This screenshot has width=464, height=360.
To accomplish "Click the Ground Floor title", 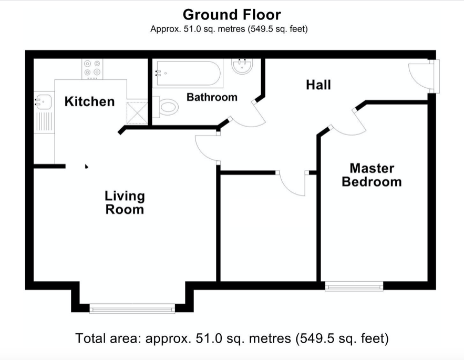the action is pyautogui.click(x=232, y=15).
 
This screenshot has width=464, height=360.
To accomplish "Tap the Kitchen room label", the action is pyautogui.click(x=89, y=101).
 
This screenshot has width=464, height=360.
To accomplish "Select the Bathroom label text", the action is pyautogui.click(x=212, y=97).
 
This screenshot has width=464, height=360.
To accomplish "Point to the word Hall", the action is pyautogui.click(x=318, y=85).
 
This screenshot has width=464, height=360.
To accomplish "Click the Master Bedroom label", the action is pyautogui.click(x=372, y=175).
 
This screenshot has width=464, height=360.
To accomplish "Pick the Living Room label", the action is pyautogui.click(x=125, y=203).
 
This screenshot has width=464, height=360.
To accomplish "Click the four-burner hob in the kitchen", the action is pyautogui.click(x=92, y=69).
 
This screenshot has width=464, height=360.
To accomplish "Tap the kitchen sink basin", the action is pyautogui.click(x=43, y=102).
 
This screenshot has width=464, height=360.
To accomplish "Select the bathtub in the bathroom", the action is pyautogui.click(x=188, y=73).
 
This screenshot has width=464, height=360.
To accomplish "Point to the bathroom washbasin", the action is pyautogui.click(x=242, y=66).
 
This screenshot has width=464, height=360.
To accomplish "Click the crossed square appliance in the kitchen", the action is pyautogui.click(x=137, y=113).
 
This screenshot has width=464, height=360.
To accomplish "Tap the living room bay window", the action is pyautogui.click(x=132, y=308).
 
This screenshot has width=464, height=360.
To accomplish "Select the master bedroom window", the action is pyautogui.click(x=354, y=286).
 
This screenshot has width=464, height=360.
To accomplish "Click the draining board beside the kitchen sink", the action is pyautogui.click(x=44, y=121).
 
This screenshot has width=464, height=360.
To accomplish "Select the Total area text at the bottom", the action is pyautogui.click(x=232, y=338).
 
